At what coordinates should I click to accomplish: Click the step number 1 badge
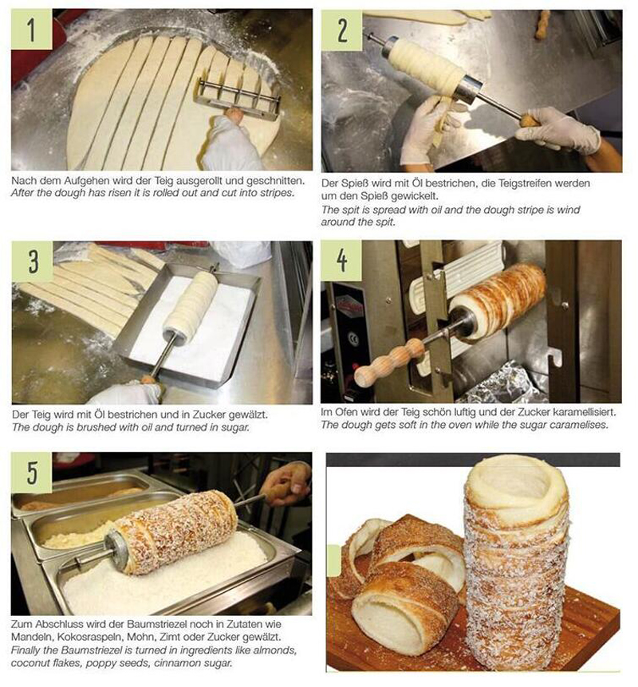click(x=32, y=29)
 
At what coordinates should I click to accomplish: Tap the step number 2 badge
click(x=341, y=29)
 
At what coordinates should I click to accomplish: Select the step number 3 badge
click(x=33, y=261)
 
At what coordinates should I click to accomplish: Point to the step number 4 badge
click(x=341, y=261)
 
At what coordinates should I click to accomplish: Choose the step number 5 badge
click(x=32, y=473)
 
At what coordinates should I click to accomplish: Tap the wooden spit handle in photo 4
click(x=389, y=362)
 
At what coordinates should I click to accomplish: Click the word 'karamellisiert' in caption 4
click(x=582, y=412)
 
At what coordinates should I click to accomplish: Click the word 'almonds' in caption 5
click(x=278, y=650)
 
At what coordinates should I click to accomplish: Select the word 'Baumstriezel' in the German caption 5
click(x=156, y=623)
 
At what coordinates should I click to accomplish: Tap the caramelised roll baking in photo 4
click(x=498, y=299)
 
